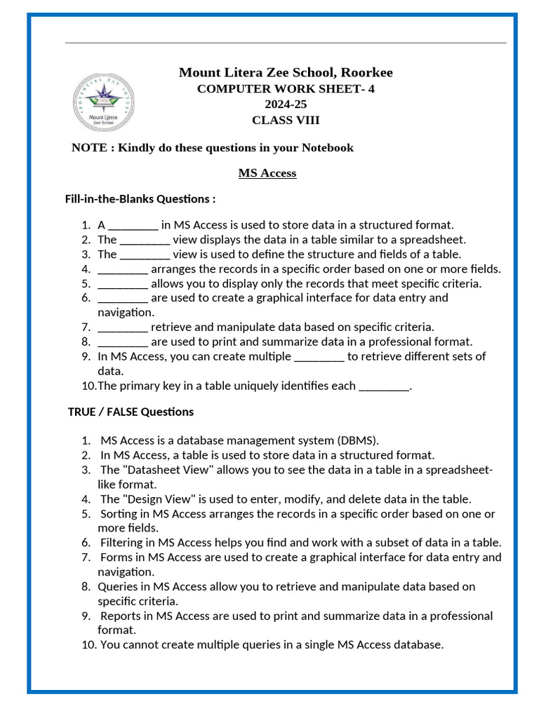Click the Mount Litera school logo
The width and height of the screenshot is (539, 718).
(105, 102)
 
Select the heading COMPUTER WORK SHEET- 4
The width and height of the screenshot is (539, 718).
(286, 89)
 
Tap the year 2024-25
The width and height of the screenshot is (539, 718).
(286, 104)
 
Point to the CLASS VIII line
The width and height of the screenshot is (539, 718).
(286, 120)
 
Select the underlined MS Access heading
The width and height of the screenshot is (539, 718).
(267, 173)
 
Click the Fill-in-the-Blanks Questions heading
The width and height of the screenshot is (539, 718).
(140, 199)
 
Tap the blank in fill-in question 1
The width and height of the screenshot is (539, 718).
(133, 226)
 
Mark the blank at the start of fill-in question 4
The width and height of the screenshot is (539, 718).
(123, 269)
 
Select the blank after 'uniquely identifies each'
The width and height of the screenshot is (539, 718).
(384, 386)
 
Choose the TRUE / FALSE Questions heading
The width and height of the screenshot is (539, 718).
(131, 412)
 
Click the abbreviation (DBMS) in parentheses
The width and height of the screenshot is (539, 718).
(357, 441)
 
